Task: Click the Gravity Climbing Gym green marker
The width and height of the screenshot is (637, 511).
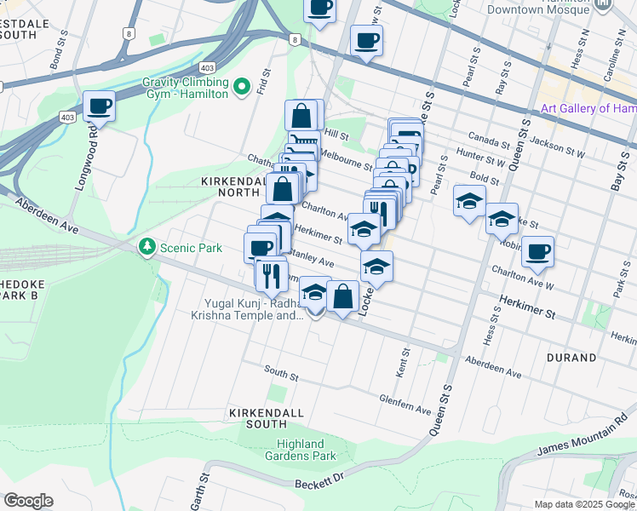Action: tap(241, 87)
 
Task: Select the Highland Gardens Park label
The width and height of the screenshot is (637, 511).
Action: tap(300, 450)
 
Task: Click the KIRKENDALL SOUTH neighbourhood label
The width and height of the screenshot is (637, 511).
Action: tap(267, 412)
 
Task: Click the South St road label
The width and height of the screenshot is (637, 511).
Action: tap(281, 372)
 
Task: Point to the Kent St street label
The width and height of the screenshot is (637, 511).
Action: tap(403, 368)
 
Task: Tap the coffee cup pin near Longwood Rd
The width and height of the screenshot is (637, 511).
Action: tap(100, 106)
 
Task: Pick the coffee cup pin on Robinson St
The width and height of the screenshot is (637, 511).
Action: tap(537, 251)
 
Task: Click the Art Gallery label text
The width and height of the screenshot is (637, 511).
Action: tap(588, 108)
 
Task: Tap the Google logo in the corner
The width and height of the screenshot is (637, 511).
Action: tap(28, 501)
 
